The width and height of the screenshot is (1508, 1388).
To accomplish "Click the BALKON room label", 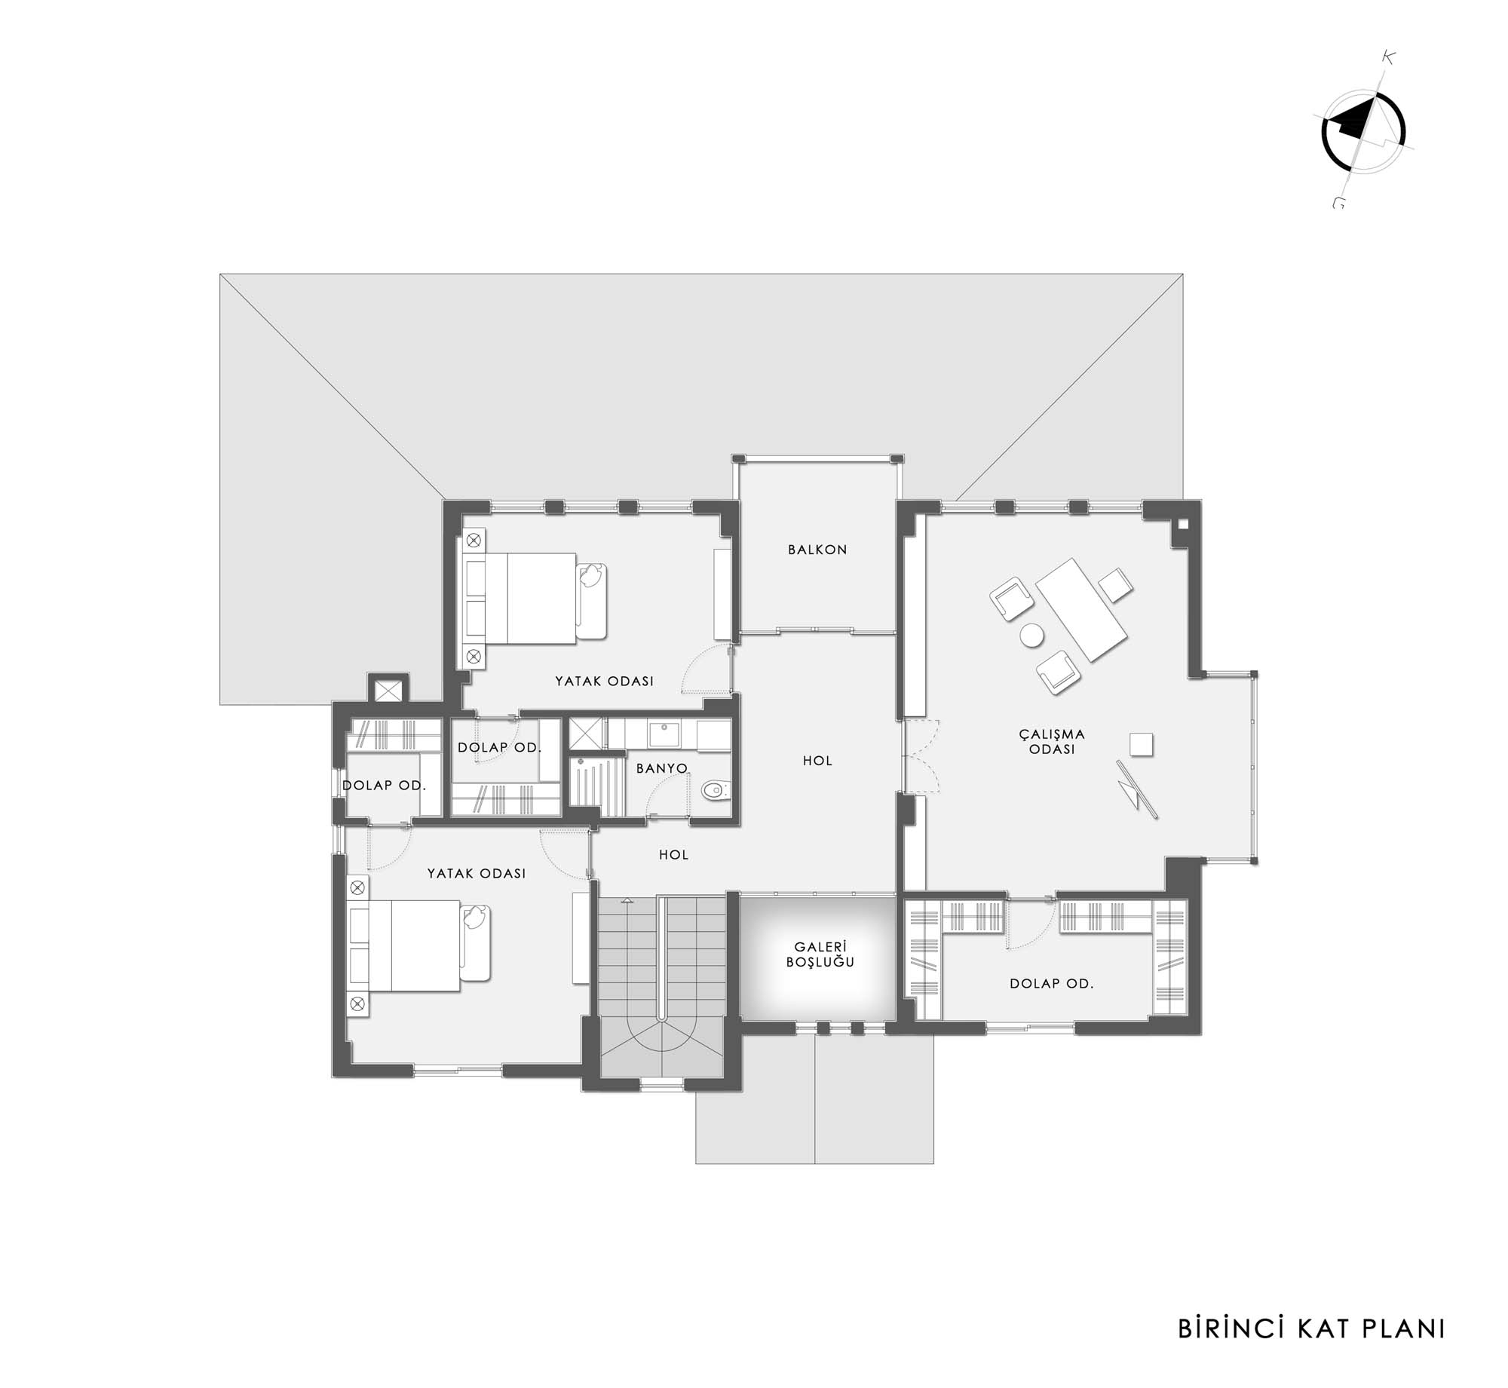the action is click(x=817, y=550).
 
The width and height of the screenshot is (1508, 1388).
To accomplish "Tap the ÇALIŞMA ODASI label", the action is click(x=1052, y=741).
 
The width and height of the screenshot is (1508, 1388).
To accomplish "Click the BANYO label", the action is click(x=662, y=768).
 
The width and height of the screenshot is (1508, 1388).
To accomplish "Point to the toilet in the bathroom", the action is click(x=714, y=791).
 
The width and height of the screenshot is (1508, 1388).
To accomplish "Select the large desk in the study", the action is click(x=1081, y=610).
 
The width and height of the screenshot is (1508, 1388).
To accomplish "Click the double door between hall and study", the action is click(x=921, y=756).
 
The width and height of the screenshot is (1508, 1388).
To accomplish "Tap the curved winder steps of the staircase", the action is click(x=662, y=1049).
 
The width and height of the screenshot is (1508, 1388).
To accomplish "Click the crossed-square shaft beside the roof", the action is click(x=388, y=690).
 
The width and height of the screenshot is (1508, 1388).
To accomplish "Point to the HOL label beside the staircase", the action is click(x=674, y=854).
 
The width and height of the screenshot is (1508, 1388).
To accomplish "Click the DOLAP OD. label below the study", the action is click(x=1052, y=983).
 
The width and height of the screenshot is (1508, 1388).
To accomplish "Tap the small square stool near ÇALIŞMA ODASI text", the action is click(x=1142, y=743).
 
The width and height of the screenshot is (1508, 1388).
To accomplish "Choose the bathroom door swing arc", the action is click(x=667, y=794).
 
